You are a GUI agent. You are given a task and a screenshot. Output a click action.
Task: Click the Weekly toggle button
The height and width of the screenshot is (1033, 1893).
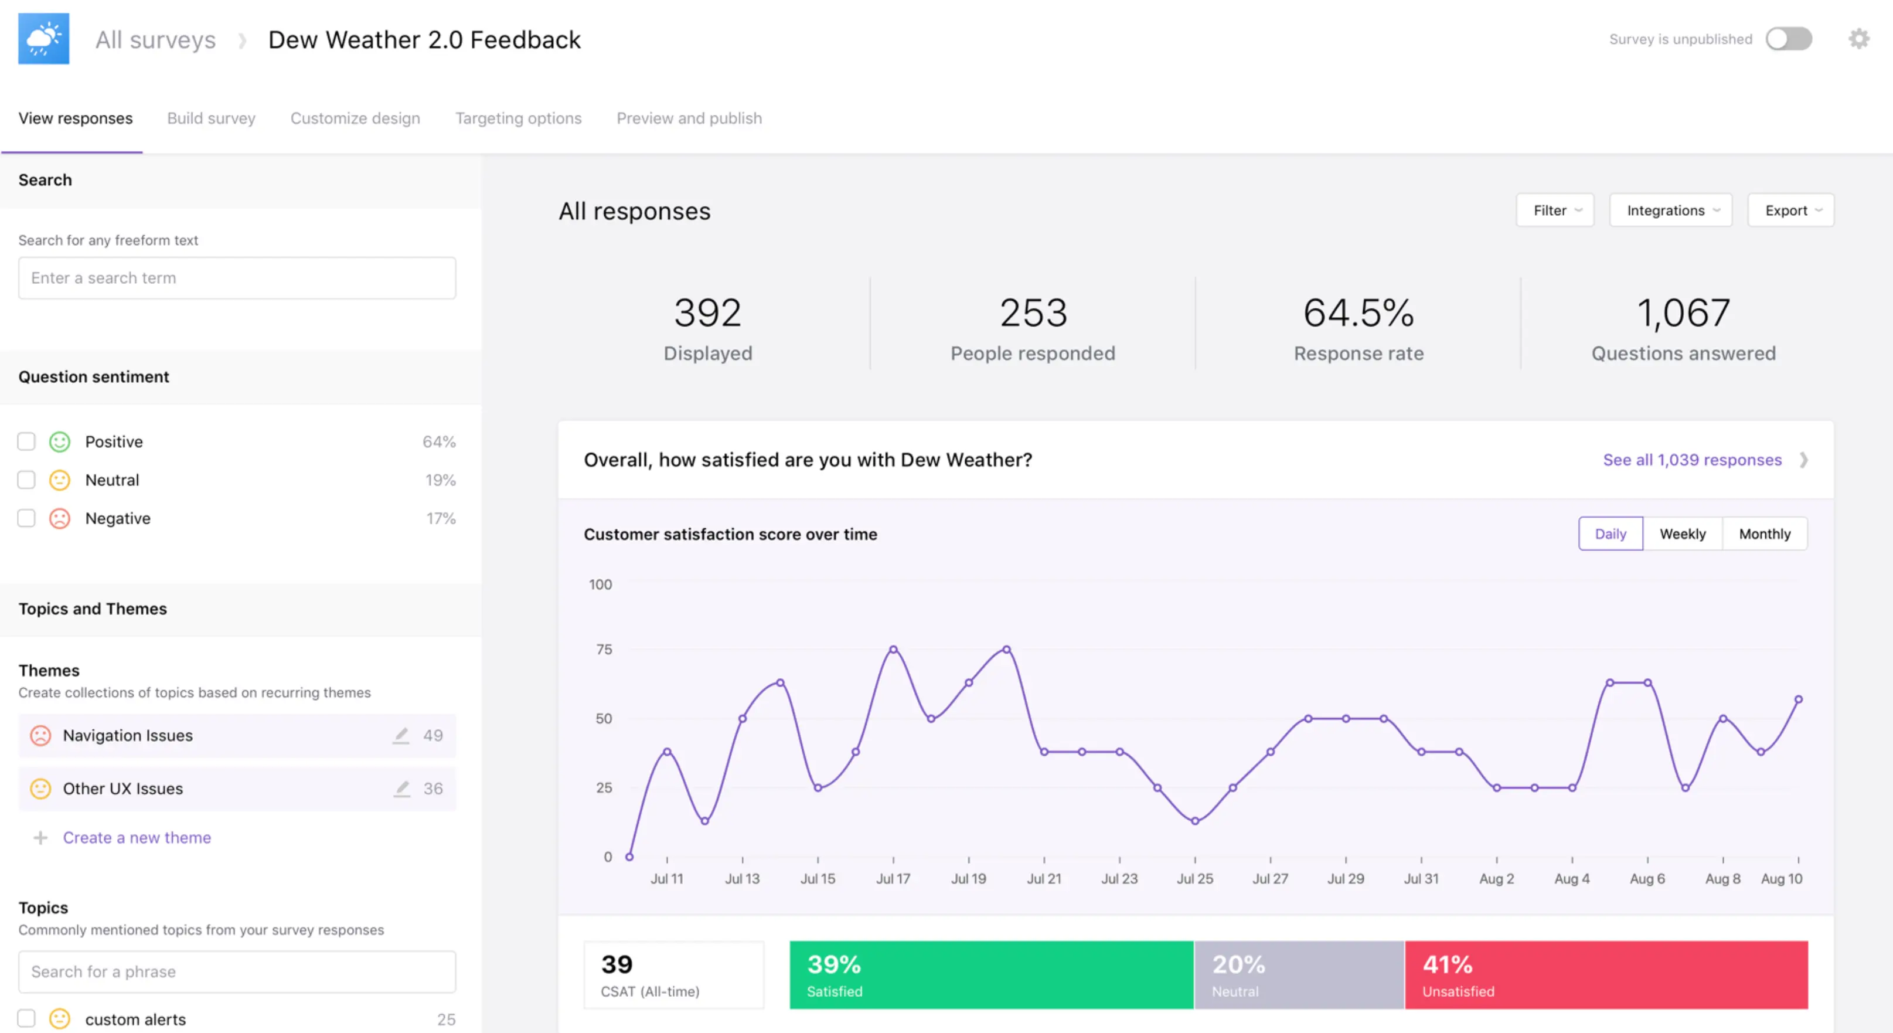point(1682,534)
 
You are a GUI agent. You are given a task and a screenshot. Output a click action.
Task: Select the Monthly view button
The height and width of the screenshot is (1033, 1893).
point(1765,534)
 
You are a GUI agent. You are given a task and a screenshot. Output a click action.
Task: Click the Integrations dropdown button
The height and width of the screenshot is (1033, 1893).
point(1670,210)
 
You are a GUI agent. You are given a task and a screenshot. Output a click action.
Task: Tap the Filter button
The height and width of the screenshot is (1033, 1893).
point(1555,210)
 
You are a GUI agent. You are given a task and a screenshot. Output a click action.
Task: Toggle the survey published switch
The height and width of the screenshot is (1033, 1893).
point(1789,39)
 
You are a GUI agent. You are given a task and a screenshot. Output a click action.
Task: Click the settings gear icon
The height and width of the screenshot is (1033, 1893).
point(1858,39)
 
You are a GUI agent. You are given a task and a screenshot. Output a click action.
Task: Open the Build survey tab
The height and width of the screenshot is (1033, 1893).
point(211,118)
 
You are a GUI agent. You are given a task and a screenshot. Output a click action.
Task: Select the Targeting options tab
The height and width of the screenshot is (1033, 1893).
point(518,118)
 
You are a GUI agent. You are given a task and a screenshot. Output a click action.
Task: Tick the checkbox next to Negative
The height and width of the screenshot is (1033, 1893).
point(26,518)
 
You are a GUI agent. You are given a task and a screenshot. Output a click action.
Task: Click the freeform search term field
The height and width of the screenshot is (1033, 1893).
point(237,278)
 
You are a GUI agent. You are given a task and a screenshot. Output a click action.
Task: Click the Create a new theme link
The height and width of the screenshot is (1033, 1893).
point(137,837)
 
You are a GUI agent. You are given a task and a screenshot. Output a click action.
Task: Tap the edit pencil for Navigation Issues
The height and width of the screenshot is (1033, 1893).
point(400,735)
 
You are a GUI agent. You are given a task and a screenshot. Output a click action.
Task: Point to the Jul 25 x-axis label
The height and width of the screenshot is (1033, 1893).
point(1195,879)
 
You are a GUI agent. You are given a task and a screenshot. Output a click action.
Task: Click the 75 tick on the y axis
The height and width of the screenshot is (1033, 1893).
point(604,649)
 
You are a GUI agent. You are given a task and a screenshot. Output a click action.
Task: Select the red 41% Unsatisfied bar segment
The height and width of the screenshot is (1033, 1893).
point(1606,975)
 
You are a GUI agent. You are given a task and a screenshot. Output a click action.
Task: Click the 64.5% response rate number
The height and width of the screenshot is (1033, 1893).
point(1359,312)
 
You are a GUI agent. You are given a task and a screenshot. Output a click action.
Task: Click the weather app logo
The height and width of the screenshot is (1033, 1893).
point(44,39)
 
